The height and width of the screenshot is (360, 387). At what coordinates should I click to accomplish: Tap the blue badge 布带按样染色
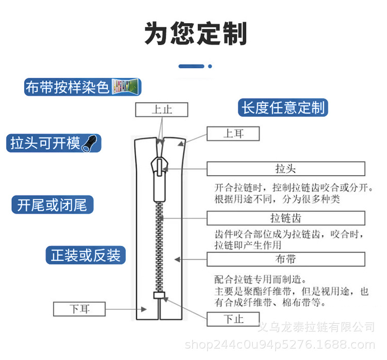67,87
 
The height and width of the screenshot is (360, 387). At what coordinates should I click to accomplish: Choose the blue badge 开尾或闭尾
52,205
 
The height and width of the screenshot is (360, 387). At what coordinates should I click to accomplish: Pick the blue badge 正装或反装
85,255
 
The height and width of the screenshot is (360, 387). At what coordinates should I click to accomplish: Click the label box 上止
162,109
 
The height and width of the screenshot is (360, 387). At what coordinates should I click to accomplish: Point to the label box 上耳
233,134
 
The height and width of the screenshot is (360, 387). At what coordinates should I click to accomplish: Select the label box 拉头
285,169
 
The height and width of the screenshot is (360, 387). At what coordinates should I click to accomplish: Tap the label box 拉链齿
285,217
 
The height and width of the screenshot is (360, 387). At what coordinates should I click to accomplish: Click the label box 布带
285,259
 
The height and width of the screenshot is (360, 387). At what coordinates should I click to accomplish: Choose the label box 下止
233,319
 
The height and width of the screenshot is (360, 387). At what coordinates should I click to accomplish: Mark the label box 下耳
79,309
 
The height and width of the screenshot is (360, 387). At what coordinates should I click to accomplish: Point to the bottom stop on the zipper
158,295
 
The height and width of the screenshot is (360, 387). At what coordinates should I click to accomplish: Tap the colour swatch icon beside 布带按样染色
126,86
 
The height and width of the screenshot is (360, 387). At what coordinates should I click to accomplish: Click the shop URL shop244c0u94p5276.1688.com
279,345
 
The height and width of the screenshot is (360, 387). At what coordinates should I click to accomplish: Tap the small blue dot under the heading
210,66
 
